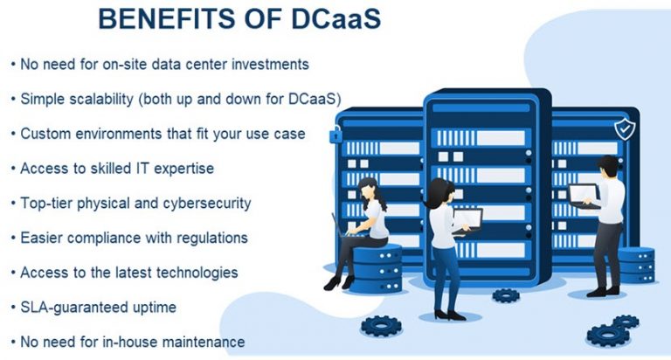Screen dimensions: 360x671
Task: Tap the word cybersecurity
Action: tap(204, 203)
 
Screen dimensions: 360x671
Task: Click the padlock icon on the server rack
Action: tap(335, 135)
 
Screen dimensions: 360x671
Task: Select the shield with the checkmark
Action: tap(625, 129)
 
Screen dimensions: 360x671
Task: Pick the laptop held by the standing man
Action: tap(583, 194)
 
